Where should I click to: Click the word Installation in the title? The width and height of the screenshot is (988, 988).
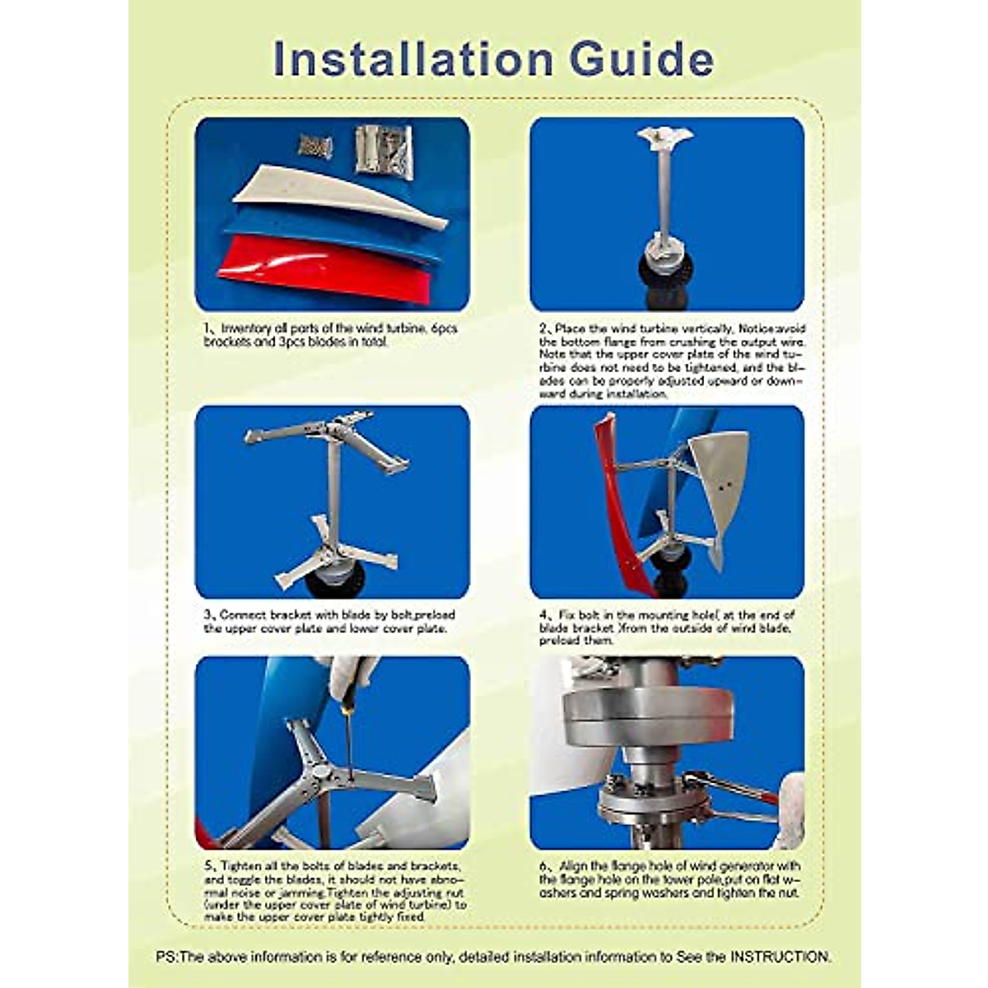[412, 59]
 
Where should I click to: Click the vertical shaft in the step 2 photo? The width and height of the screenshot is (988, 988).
[665, 198]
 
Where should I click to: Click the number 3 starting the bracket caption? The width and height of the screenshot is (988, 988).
[207, 615]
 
